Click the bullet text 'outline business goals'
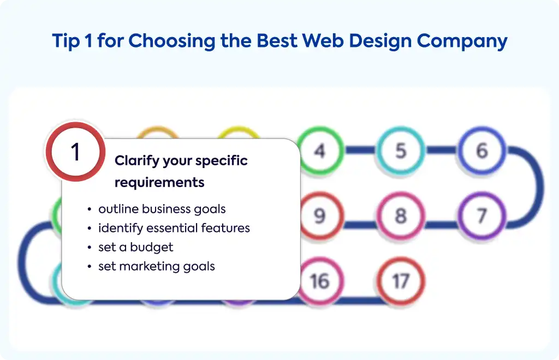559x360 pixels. pyautogui.click(x=162, y=209)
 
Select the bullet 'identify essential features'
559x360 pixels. pyautogui.click(x=174, y=228)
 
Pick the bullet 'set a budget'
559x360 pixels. pyautogui.click(x=136, y=247)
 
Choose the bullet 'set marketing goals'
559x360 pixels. pyautogui.click(x=157, y=266)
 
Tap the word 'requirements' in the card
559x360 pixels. pyautogui.click(x=159, y=182)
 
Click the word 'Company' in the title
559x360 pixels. pyautogui.click(x=462, y=41)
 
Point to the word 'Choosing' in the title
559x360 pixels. pyautogui.click(x=172, y=41)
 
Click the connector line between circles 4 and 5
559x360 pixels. pyautogui.click(x=360, y=150)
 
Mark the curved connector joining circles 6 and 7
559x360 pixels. pyautogui.click(x=537, y=187)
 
